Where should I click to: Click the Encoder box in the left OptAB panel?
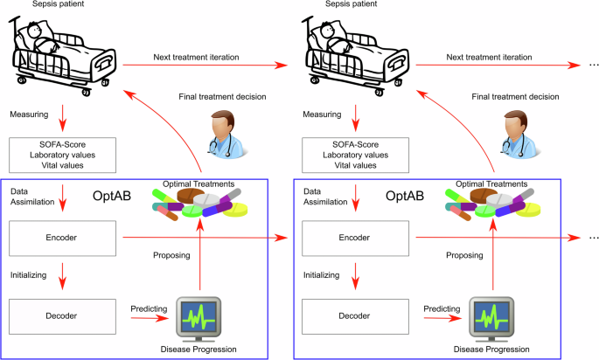tap(62, 237)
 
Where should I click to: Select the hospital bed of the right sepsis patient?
tap(356, 57)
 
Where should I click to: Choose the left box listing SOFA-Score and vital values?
tap(62, 155)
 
